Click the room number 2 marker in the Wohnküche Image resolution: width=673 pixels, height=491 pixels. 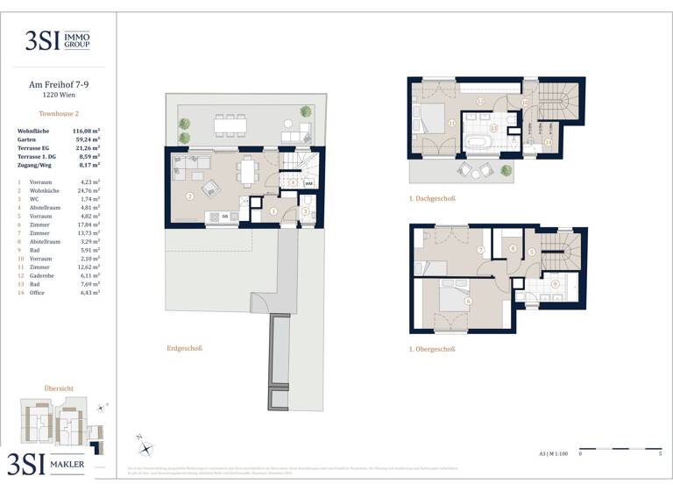point(189,196)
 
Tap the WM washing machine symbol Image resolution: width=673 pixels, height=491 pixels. point(308,183)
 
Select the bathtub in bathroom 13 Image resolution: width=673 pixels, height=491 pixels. point(478,142)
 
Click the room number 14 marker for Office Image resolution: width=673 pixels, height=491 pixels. point(548,142)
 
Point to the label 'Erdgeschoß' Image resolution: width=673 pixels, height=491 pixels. point(184,348)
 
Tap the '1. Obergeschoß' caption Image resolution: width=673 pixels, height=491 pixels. point(432,348)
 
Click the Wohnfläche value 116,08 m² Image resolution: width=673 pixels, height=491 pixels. point(85,130)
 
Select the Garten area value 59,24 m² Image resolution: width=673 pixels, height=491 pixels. point(85,139)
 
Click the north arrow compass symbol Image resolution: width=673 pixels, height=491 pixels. point(145,448)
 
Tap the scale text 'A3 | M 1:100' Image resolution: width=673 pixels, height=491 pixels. point(553,454)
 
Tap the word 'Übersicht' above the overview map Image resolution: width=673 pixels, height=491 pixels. point(58,388)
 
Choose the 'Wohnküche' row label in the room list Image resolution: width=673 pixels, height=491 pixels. point(44,189)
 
